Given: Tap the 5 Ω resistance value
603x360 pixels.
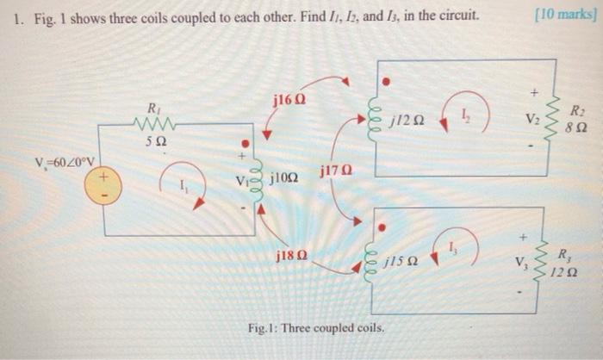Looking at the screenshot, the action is pos(155,141).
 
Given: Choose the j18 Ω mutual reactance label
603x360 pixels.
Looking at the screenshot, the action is pos(291,257).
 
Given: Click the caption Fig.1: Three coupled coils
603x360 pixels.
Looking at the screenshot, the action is pos(315,330).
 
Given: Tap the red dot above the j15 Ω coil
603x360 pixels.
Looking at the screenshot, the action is pos(385,227).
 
